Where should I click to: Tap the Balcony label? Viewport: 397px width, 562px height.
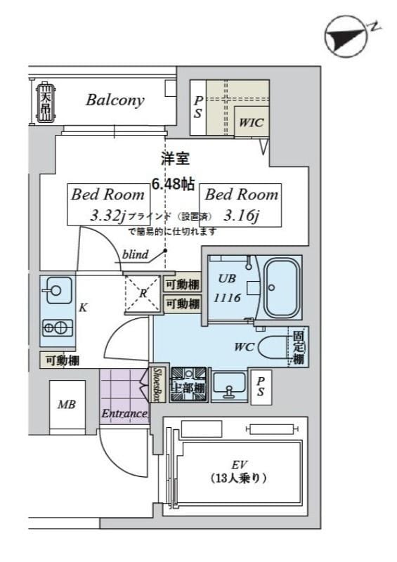(x=115, y=100)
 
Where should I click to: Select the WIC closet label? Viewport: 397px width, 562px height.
(x=251, y=122)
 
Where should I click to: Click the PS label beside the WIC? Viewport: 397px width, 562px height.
(x=198, y=106)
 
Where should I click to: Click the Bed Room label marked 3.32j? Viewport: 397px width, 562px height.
(x=107, y=204)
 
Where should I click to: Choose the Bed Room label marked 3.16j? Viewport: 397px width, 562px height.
(x=241, y=204)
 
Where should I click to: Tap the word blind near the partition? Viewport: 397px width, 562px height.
(x=135, y=255)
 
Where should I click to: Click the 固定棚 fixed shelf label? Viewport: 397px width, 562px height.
(x=299, y=348)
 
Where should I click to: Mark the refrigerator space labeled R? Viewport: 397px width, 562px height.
(x=143, y=294)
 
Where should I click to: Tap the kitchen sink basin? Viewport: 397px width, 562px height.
(x=55, y=288)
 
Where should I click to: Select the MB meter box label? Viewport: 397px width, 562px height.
(x=67, y=405)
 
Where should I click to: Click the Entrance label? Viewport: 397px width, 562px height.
(x=124, y=414)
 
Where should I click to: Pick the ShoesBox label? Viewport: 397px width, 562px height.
(x=157, y=385)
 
